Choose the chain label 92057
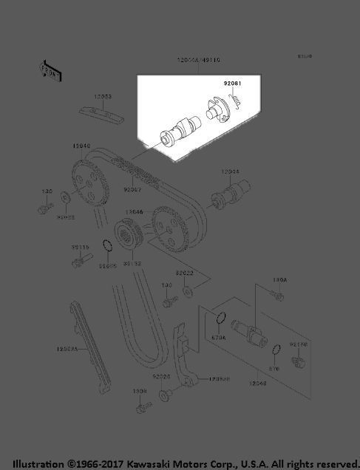pos(132,189)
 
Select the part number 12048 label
pos(258,384)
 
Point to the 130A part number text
pos(279,281)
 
